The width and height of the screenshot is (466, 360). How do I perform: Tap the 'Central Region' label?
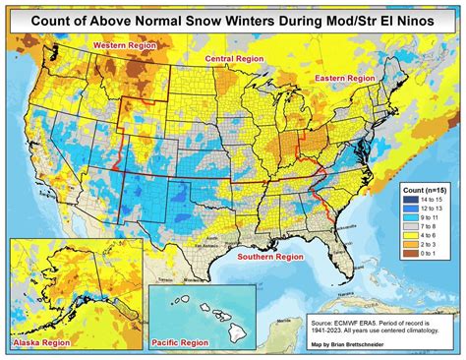pyautogui.click(x=232, y=60)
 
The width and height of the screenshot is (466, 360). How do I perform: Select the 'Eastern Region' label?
pyautogui.click(x=344, y=77)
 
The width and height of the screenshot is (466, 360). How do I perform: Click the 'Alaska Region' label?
pyautogui.click(x=40, y=341)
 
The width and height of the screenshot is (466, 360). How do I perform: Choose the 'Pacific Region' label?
pyautogui.click(x=180, y=342)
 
